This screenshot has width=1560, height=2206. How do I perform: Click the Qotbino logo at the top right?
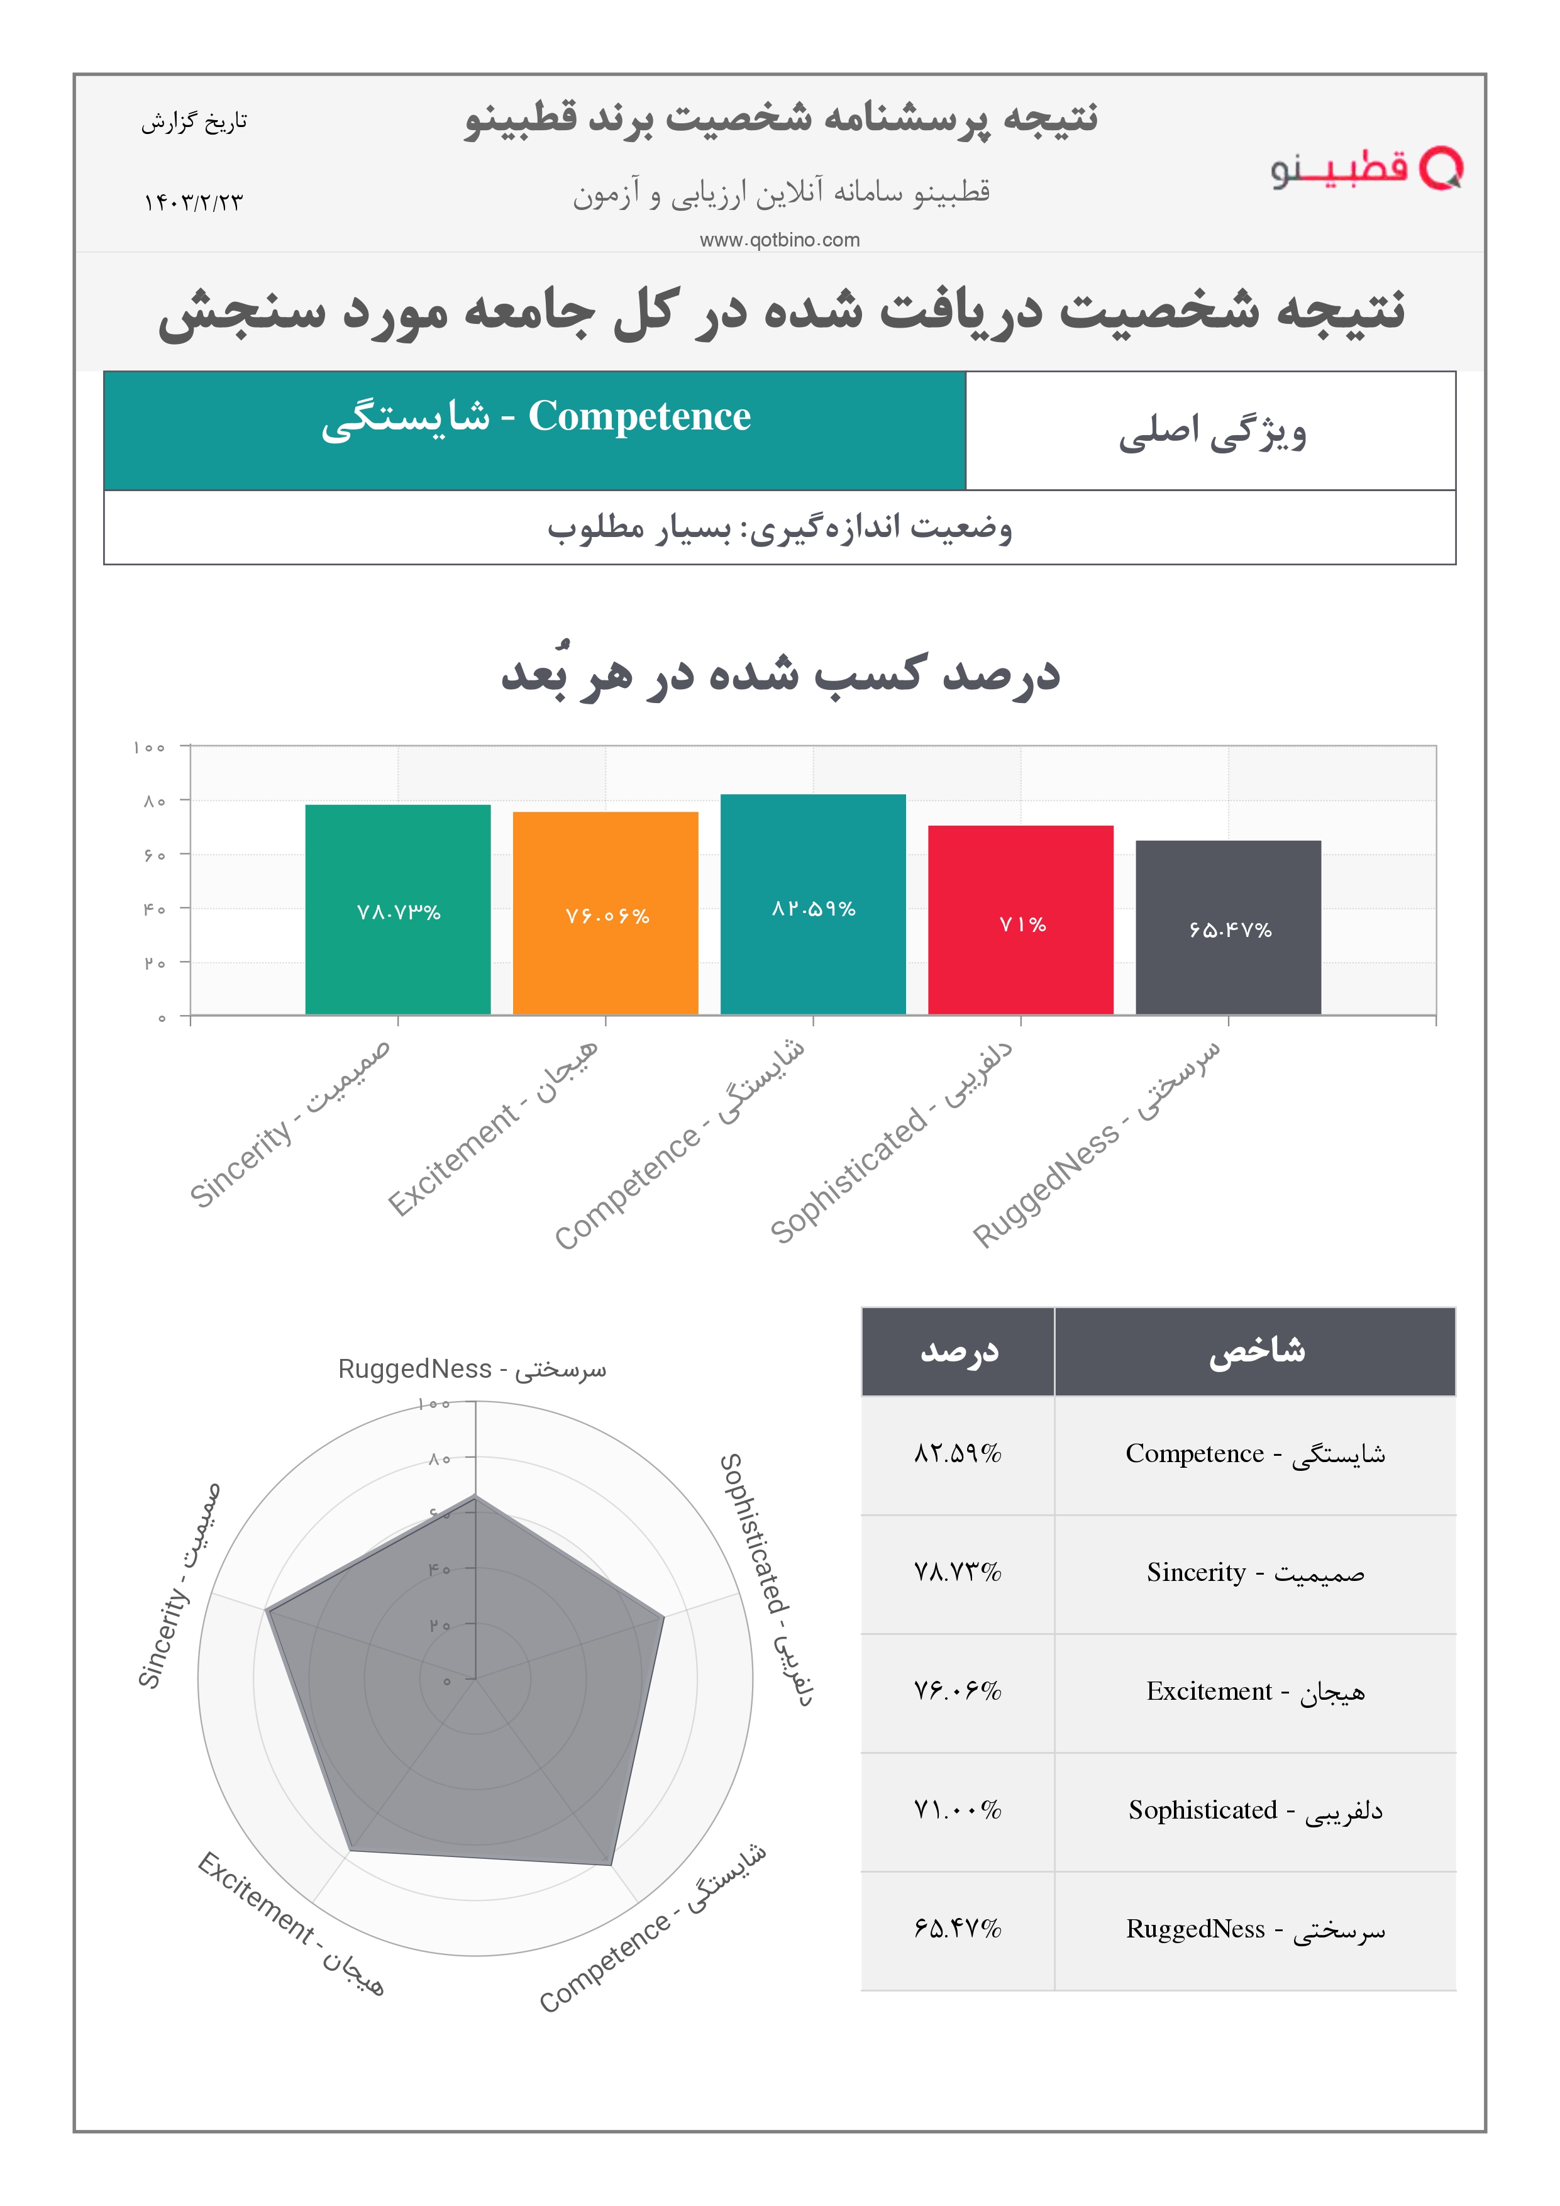[1365, 169]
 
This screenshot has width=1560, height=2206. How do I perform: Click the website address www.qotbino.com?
[779, 240]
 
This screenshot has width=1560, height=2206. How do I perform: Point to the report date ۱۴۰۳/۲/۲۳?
[193, 202]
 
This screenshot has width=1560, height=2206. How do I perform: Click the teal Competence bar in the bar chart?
[812, 904]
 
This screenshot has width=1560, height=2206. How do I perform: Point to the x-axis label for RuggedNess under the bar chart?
[1097, 1143]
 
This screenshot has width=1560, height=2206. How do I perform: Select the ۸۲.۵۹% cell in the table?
[957, 1454]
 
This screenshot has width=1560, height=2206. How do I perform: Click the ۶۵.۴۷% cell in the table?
[957, 1928]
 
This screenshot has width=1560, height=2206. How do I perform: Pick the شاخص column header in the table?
[1256, 1351]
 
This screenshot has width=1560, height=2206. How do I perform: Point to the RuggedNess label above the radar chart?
[472, 1369]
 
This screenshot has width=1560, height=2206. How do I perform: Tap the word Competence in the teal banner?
[639, 417]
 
